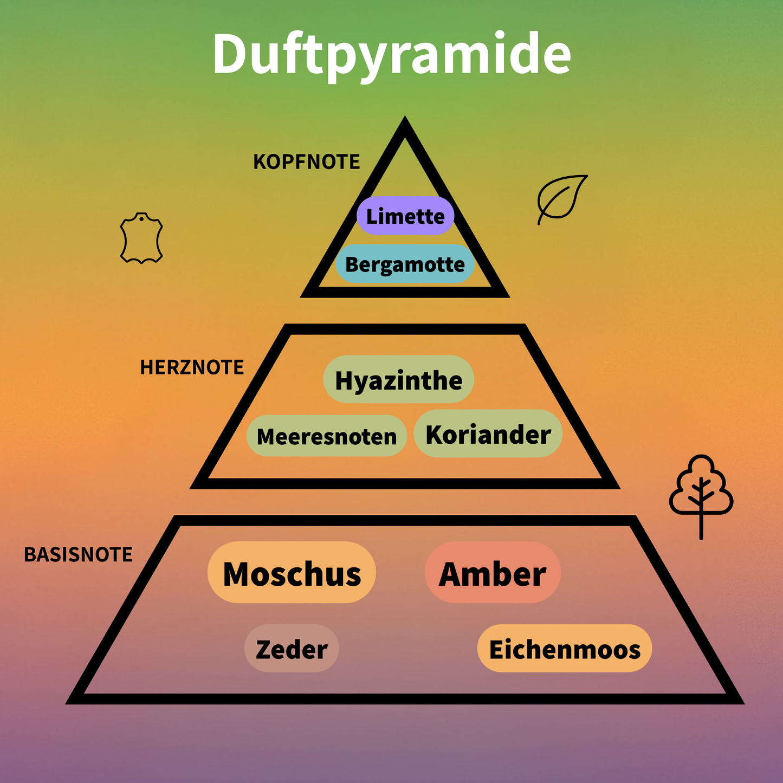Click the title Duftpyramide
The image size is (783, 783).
click(391, 54)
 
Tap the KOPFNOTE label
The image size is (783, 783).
click(306, 162)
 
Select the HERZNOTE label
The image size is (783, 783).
click(192, 367)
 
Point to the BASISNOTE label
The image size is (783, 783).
click(78, 554)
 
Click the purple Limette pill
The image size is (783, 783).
click(405, 216)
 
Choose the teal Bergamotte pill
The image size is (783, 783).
click(405, 264)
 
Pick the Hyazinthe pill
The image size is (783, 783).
click(398, 380)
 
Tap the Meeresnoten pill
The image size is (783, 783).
click(326, 436)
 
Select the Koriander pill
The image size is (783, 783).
click(488, 434)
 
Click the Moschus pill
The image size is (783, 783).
click(292, 573)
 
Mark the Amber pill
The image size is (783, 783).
click(492, 573)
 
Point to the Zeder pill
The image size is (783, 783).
click(292, 649)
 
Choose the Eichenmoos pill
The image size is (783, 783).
click(564, 649)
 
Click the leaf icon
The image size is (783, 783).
click(562, 197)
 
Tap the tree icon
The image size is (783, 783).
click(701, 490)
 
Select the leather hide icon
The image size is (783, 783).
click(141, 238)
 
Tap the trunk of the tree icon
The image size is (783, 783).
click(701, 526)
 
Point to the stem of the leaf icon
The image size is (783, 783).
click(541, 218)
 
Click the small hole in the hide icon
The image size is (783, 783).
click(141, 218)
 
